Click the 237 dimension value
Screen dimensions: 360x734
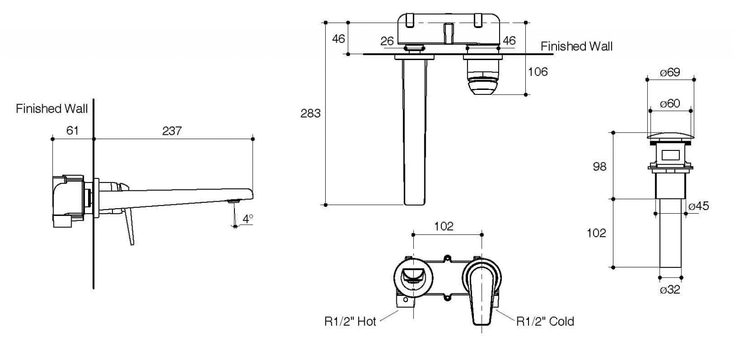(172, 131)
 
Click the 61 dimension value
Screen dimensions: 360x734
(72, 131)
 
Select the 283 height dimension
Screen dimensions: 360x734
(310, 113)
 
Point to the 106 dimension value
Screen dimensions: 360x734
(538, 72)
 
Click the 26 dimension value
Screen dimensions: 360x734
(387, 41)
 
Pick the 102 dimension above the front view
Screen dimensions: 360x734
(444, 226)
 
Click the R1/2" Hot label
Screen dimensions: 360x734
(350, 321)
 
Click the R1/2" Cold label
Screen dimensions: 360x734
(545, 321)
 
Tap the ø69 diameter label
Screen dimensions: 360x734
(670, 72)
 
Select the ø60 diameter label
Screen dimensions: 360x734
(670, 104)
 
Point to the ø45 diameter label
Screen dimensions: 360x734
(699, 206)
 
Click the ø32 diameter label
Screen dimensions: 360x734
(670, 290)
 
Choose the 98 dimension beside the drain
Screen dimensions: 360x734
(599, 166)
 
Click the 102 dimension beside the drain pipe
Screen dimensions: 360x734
(596, 233)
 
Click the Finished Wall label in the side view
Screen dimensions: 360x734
(52, 109)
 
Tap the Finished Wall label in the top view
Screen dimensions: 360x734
(576, 46)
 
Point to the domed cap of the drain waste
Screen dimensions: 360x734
(670, 136)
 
